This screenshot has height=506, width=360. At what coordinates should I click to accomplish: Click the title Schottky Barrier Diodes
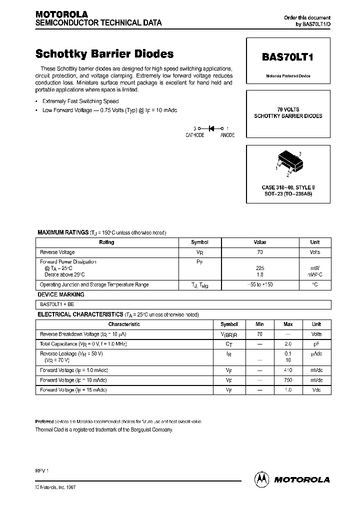[104, 54]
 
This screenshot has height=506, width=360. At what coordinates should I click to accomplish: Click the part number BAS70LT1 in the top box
[287, 57]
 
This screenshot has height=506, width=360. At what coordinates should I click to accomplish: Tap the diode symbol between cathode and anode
[211, 128]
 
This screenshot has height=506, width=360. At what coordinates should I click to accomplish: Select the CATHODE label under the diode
[195, 135]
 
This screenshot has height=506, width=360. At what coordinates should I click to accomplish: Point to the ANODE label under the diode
[227, 135]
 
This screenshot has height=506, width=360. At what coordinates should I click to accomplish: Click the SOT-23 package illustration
[288, 163]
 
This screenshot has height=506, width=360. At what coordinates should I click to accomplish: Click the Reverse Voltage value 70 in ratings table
[260, 252]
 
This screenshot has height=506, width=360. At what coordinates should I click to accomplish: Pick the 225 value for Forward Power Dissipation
[260, 268]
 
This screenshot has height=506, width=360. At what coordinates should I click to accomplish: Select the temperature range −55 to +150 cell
[260, 284]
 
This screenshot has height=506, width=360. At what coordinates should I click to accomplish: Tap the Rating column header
[106, 242]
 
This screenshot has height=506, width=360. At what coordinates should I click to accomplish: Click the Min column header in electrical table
[259, 324]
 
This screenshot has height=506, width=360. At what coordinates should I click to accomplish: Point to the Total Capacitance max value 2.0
[288, 344]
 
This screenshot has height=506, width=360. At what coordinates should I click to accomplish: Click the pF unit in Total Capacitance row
[316, 344]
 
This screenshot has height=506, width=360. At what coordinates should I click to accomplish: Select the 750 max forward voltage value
[288, 380]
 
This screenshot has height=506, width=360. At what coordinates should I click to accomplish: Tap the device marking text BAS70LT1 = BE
[57, 304]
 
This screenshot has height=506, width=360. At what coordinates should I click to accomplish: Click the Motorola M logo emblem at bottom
[262, 479]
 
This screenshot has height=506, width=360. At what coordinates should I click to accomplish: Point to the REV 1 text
[41, 471]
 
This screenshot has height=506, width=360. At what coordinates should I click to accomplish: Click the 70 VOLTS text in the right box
[288, 109]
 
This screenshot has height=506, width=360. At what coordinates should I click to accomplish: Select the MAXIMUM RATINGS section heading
[63, 232]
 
